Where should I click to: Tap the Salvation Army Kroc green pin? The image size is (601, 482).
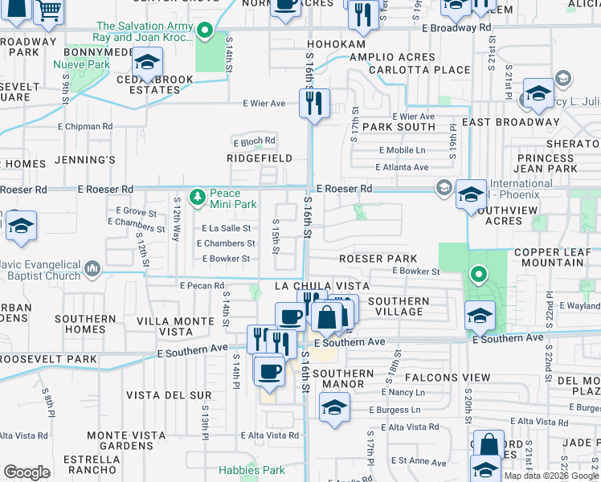205,32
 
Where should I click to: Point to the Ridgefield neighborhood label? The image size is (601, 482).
260,159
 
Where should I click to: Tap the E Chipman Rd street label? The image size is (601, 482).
85,126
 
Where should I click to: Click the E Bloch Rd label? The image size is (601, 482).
254,141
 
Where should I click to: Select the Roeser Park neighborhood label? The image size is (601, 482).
378,259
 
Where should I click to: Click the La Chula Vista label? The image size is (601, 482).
321,286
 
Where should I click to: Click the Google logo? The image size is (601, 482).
27,472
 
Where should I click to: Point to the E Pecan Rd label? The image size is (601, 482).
202,285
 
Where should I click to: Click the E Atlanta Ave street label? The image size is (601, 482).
403,167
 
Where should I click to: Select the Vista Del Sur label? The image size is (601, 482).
169,395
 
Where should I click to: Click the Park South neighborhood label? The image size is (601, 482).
399,127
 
